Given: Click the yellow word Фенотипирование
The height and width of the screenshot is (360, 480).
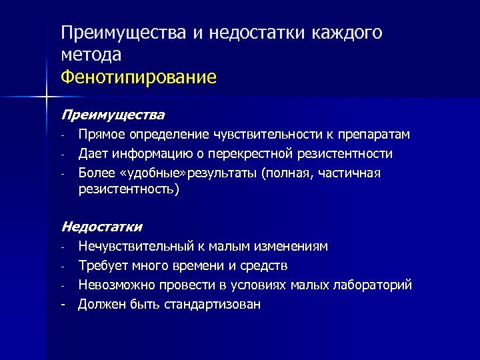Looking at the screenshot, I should point(138,77).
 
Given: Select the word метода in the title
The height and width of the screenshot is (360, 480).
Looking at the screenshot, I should point(91,55).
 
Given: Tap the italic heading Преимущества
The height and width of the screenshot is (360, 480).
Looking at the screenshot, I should point(113,115).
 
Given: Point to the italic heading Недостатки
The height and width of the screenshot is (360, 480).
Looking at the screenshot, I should point(102,227).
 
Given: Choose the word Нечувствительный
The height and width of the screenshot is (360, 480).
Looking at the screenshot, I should point(136,247).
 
